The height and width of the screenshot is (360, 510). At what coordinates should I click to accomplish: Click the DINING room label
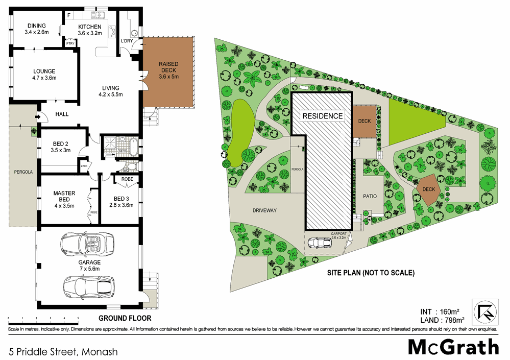[37, 29]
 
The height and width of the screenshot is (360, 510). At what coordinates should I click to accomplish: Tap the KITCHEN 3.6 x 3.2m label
[90, 30]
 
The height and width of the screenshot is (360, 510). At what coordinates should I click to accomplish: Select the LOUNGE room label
[44, 75]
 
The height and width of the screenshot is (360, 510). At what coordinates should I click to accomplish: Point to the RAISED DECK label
[168, 70]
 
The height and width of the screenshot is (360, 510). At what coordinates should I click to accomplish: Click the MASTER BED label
[64, 200]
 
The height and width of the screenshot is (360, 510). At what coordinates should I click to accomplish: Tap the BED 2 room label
[60, 147]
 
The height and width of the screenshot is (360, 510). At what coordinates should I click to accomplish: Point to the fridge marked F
[69, 16]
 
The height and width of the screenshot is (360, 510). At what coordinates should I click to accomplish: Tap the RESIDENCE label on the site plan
[323, 116]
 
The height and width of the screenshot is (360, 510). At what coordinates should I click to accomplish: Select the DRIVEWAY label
[264, 210]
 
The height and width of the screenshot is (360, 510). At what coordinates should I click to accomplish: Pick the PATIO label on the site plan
[370, 196]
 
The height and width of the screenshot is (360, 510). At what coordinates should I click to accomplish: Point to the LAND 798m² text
[442, 320]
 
